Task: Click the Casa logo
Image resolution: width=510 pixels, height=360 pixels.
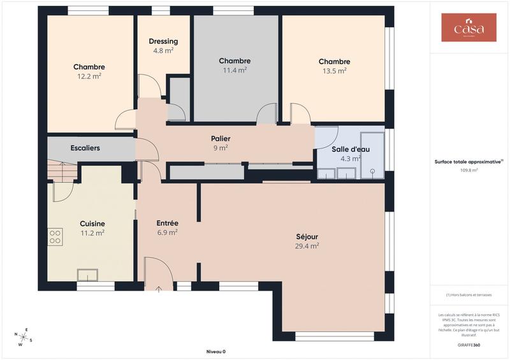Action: tap(469, 27)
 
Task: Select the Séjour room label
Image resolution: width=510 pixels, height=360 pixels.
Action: tap(307, 236)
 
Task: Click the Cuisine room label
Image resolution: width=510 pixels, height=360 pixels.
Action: tap(92, 224)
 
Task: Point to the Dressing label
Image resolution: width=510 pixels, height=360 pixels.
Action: tap(164, 41)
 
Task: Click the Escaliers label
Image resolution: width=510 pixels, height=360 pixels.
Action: tap(85, 148)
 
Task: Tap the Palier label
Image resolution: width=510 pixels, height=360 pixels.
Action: tap(221, 138)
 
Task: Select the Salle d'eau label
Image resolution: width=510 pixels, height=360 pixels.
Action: tap(351, 149)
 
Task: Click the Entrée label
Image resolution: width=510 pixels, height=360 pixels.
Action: tap(167, 223)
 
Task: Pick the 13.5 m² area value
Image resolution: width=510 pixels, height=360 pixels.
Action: tap(334, 71)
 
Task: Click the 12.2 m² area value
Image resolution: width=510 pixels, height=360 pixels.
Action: tap(89, 76)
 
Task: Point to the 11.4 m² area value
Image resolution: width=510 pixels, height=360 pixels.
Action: tap(235, 71)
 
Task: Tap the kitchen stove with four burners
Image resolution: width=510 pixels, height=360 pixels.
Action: tap(55, 237)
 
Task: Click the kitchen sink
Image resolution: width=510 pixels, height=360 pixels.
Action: tap(87, 275)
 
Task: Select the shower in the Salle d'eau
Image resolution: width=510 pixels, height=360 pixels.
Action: tap(372, 155)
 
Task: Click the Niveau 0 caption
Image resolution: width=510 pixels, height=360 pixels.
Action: tap(216, 352)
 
